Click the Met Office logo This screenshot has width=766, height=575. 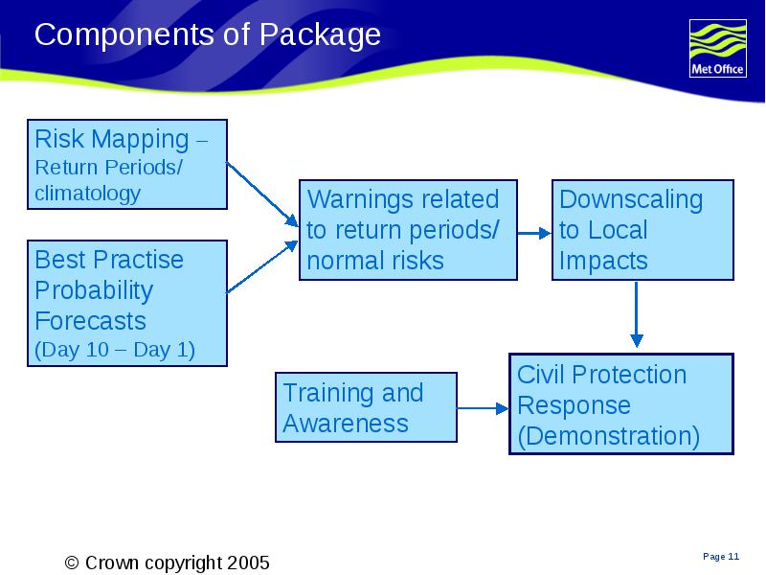[717, 49]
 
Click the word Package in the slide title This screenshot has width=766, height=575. [320, 35]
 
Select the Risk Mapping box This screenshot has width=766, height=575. [127, 164]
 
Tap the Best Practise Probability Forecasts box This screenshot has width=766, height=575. [127, 303]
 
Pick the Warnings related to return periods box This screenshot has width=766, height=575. [408, 230]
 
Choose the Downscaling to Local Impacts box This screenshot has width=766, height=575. [642, 230]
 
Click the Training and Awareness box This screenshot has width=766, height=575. [366, 407]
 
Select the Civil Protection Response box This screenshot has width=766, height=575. [621, 403]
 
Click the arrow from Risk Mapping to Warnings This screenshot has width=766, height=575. [262, 195]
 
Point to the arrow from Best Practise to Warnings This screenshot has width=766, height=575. [262, 266]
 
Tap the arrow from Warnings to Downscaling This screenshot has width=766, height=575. [534, 233]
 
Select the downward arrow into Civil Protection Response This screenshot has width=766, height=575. [636, 314]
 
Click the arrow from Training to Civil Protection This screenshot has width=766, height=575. [483, 408]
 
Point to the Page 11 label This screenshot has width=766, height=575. [721, 557]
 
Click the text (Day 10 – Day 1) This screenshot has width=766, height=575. [115, 350]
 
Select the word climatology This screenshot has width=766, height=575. [87, 194]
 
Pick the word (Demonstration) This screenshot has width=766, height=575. [608, 436]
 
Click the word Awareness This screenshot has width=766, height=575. [346, 423]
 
